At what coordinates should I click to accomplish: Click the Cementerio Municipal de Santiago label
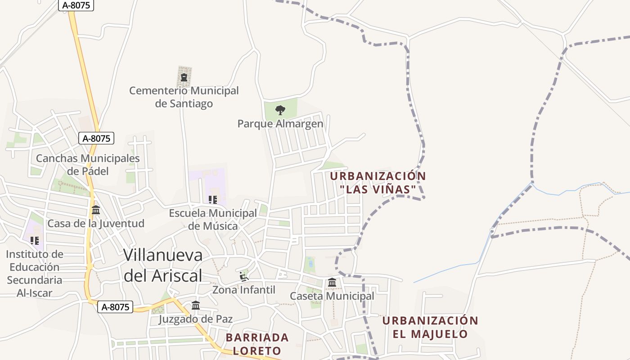tap(184, 97)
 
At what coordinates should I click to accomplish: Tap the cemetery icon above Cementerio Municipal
tap(184, 77)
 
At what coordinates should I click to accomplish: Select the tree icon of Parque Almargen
tap(280, 110)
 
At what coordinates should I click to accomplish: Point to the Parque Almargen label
tap(280, 124)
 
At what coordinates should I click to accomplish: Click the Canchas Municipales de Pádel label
tap(88, 165)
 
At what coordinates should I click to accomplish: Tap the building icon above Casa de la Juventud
tap(96, 210)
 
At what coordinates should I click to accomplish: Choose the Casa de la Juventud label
tap(96, 224)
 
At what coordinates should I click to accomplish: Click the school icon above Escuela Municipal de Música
tap(213, 199)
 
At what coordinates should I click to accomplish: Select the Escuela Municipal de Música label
tap(213, 219)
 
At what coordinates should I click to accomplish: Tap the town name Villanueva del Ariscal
tap(163, 265)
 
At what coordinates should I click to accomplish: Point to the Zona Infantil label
tap(244, 290)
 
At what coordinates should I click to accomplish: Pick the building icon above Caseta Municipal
tap(332, 283)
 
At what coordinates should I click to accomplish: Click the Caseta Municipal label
tap(332, 296)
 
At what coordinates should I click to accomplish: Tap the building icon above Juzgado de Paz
tap(196, 306)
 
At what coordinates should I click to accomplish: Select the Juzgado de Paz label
tap(196, 319)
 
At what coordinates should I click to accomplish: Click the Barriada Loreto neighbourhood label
tap(257, 344)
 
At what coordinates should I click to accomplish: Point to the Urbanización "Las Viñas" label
tap(378, 182)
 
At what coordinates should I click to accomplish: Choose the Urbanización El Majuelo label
tap(430, 327)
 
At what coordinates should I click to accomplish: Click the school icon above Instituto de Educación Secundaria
tap(35, 240)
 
